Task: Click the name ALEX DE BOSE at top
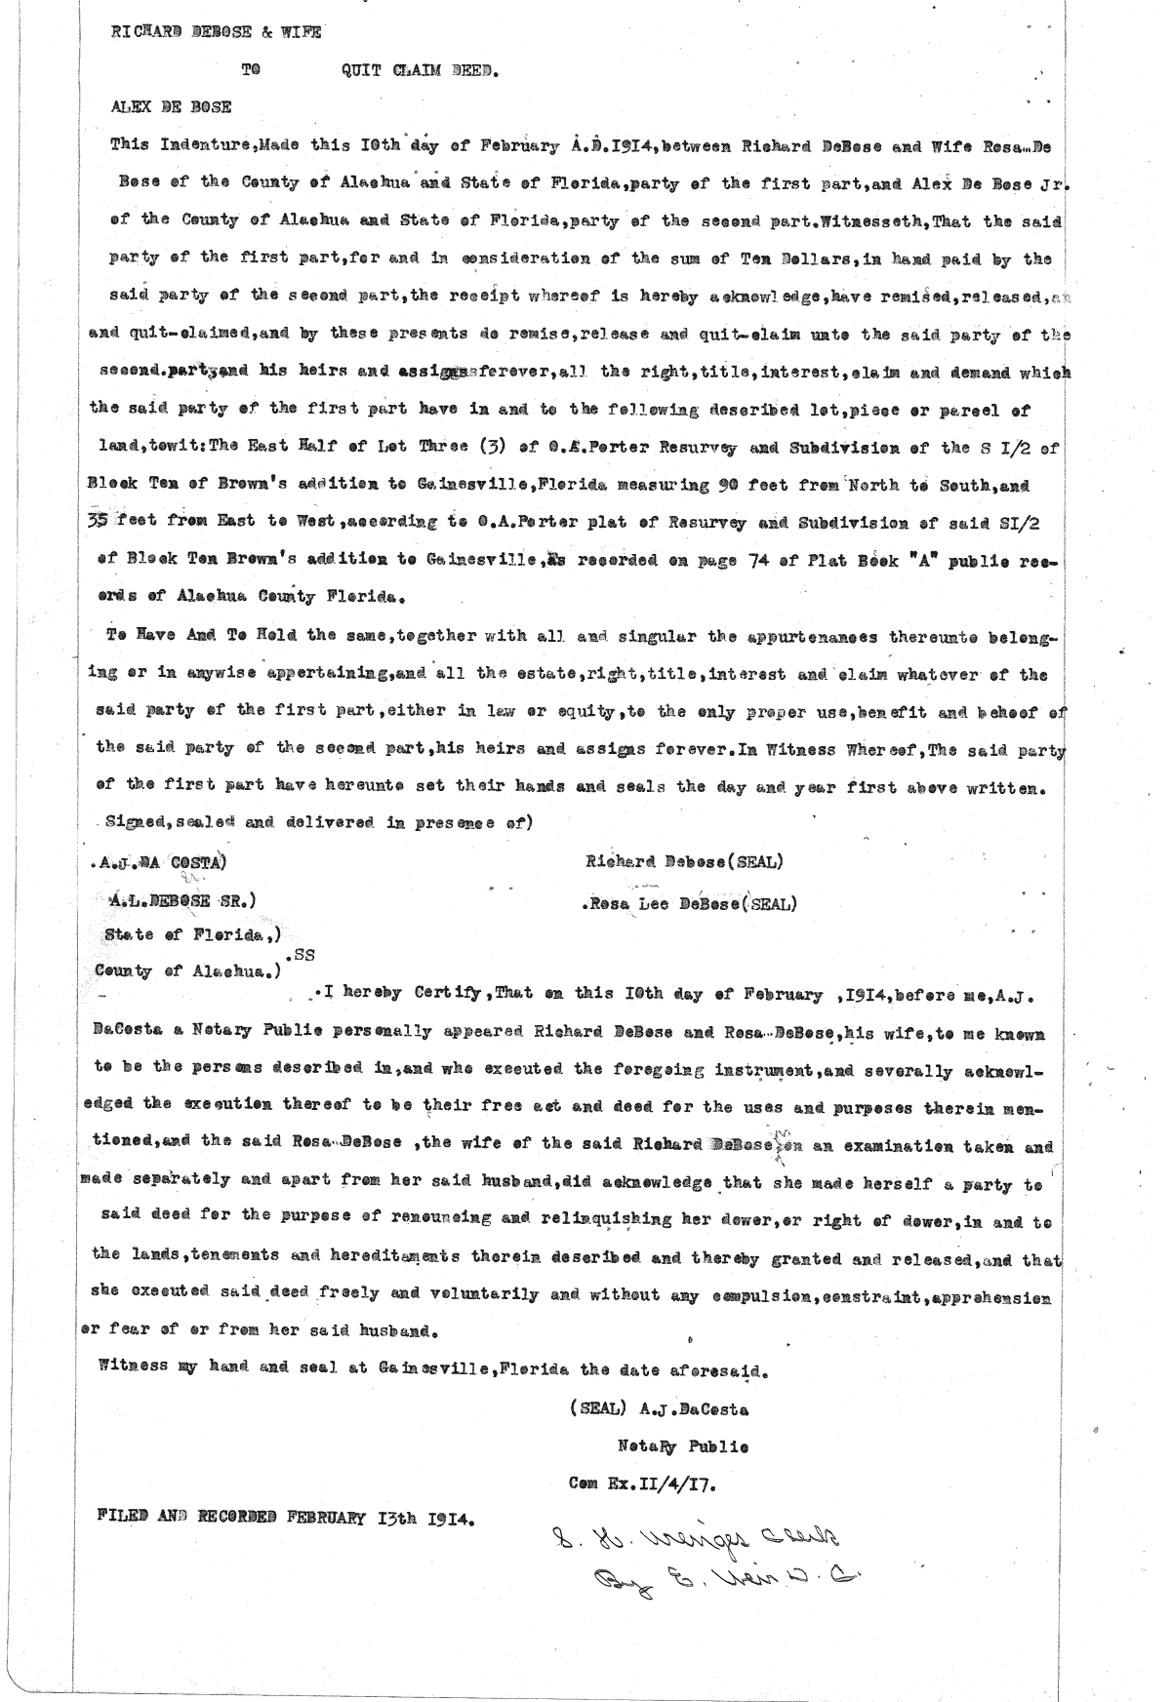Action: tap(172, 108)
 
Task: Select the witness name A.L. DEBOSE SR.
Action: tap(182, 901)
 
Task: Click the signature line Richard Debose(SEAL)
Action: tap(684, 862)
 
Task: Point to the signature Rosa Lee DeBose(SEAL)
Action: tap(689, 903)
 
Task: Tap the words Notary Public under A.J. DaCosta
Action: tap(682, 1447)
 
